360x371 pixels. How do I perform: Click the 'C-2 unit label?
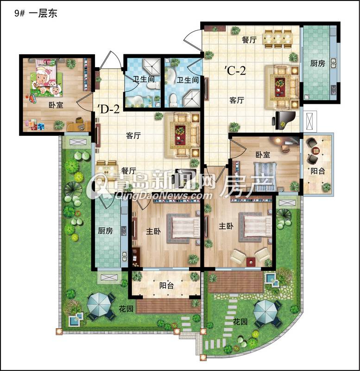point(235,70)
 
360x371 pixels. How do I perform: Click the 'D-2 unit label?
point(108,109)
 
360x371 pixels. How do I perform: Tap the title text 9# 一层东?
point(36,13)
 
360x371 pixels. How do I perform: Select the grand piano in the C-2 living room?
point(285,120)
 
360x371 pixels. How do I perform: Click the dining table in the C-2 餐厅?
point(278,39)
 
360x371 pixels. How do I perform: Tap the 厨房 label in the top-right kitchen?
point(317,64)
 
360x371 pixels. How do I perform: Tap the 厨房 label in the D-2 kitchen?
point(106,230)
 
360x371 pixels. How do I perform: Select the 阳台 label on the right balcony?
point(317,171)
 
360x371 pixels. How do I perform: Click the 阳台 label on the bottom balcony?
point(166,285)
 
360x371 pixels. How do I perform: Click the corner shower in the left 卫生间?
point(152,66)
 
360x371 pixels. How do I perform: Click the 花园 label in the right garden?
point(240,321)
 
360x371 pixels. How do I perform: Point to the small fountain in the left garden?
point(76,319)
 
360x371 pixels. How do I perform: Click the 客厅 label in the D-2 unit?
point(133,135)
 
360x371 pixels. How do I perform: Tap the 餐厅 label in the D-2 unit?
point(129,171)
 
